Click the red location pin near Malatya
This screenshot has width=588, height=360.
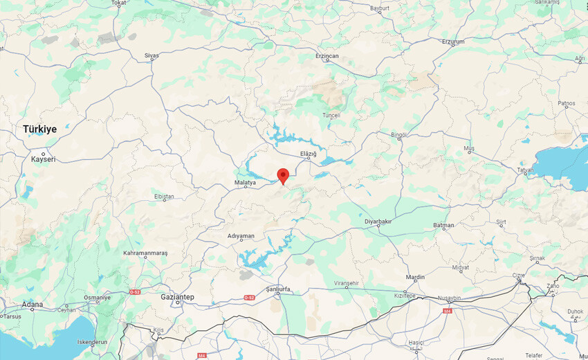(x=282, y=175)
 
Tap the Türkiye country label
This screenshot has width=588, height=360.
(x=39, y=129)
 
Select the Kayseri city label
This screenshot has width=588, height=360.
(x=43, y=159)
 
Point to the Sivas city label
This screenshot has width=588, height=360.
(x=151, y=55)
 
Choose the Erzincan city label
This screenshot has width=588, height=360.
(x=327, y=55)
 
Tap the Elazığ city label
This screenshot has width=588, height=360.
(x=308, y=153)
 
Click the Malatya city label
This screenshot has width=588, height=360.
(x=245, y=183)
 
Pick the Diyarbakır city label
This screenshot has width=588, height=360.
(x=378, y=222)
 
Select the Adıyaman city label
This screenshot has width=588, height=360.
(x=241, y=236)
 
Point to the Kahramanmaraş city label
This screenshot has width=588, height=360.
(x=145, y=253)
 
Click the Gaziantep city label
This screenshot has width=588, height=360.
(x=178, y=296)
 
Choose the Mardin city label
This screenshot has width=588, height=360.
(x=415, y=277)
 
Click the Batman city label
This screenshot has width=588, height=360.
(x=443, y=225)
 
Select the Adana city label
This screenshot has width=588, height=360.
(x=32, y=304)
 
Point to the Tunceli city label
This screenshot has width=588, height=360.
(x=332, y=116)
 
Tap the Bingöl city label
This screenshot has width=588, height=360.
(x=399, y=134)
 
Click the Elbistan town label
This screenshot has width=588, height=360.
(x=164, y=197)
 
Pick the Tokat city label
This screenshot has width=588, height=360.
(x=119, y=3)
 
